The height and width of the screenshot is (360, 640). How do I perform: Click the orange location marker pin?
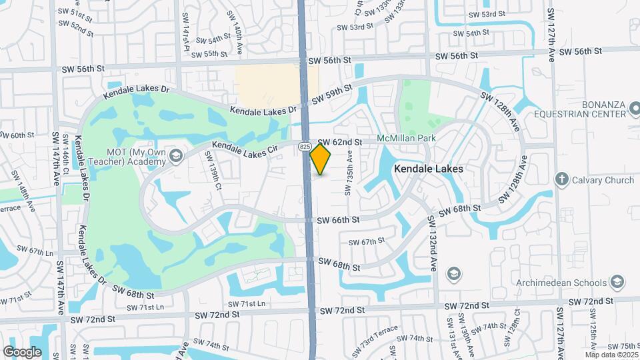pos(321,159)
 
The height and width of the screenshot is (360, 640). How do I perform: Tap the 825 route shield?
pos(305,146)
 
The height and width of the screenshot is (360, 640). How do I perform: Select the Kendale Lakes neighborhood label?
pos(428,169)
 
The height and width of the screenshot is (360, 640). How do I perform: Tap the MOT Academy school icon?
pos(176,157)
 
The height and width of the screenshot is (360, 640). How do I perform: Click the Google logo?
pos(23,351)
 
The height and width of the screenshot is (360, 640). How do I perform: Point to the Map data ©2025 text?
pos(611,355)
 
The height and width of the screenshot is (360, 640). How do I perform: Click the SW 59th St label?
pos(331,97)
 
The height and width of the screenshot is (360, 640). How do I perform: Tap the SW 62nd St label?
pos(340,142)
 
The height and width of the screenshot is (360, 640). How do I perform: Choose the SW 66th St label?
pos(338,219)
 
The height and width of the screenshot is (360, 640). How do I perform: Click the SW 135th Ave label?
pos(349,172)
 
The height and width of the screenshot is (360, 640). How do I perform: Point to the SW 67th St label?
pos(367,241)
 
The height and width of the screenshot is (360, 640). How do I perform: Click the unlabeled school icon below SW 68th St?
pos(454,273)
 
